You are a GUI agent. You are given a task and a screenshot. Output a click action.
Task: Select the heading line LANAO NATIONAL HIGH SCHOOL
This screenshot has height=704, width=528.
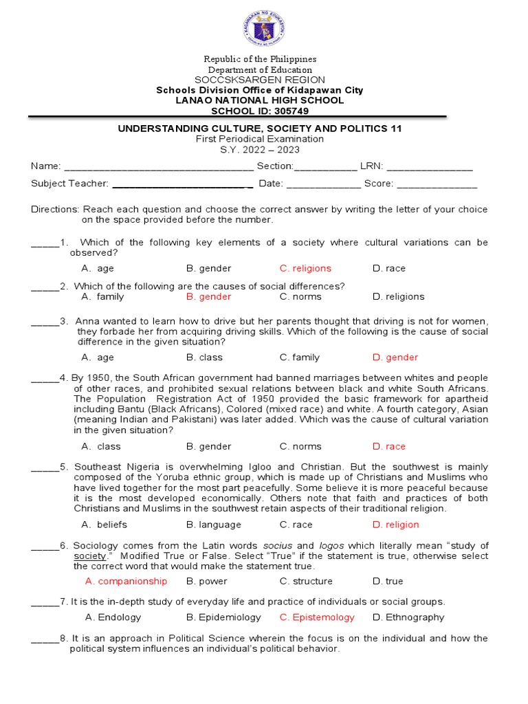[260, 100]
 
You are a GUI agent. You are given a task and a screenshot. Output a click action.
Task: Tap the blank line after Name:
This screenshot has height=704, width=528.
[158, 167]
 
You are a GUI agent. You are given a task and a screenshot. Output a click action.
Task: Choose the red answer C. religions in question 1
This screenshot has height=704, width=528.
[305, 269]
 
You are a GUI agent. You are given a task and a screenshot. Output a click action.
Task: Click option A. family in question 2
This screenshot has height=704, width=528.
[102, 297]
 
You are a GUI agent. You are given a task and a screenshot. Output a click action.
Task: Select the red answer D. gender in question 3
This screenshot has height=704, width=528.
[395, 357]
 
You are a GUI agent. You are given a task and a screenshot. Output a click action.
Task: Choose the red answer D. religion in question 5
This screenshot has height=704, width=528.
[395, 525]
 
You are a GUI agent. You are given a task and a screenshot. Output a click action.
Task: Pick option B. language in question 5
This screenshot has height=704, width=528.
[213, 525]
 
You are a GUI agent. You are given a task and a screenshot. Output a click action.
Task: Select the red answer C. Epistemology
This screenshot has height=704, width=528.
[317, 617]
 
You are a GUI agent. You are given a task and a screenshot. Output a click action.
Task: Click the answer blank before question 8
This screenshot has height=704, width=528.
[45, 639]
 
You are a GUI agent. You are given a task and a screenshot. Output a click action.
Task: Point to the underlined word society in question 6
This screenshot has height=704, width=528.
[89, 555]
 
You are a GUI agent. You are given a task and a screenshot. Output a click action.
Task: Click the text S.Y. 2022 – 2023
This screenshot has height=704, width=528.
[260, 150]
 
